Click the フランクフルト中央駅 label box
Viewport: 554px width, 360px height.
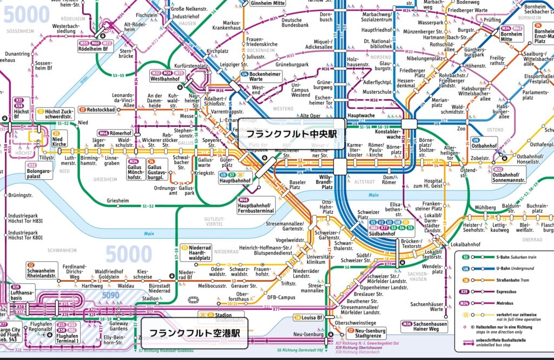(x=291, y=134)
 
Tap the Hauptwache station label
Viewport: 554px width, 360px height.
(x=362, y=116)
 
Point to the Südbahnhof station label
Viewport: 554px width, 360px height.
(x=382, y=234)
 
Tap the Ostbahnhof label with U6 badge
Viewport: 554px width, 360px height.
(x=483, y=146)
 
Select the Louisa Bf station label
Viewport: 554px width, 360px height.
(x=312, y=317)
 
